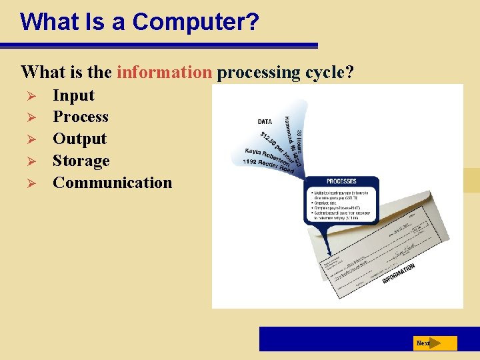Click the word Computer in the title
[x=195, y=21]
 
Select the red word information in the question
[x=164, y=72]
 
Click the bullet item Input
[x=73, y=95]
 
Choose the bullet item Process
[x=80, y=117]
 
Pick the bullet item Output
[x=79, y=139]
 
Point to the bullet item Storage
[x=81, y=161]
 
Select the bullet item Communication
[x=112, y=183]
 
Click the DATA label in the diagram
[x=265, y=122]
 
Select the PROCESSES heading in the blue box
[x=341, y=181]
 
